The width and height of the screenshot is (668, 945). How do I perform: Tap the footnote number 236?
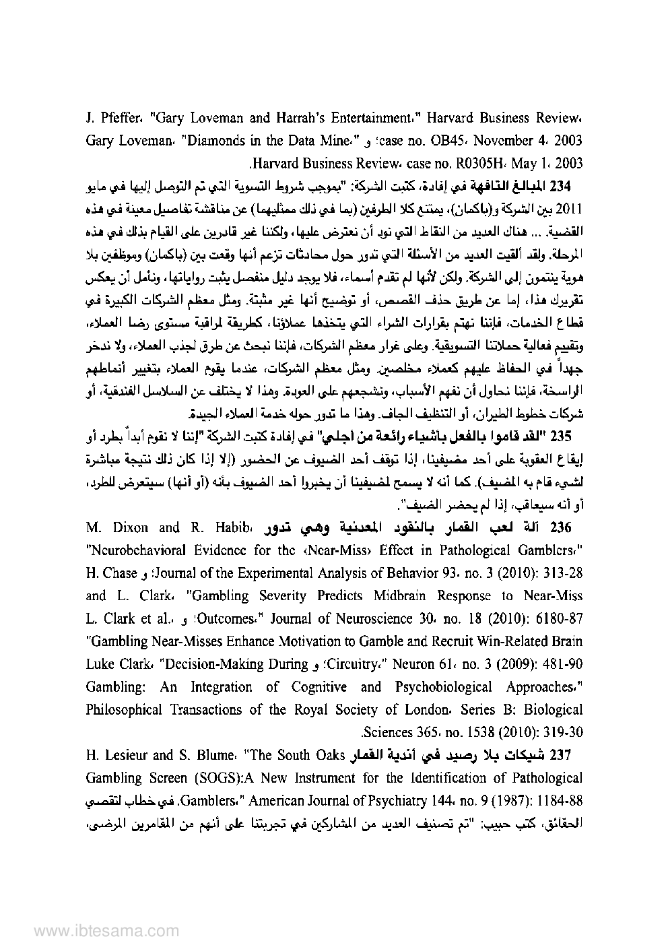click(570, 527)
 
